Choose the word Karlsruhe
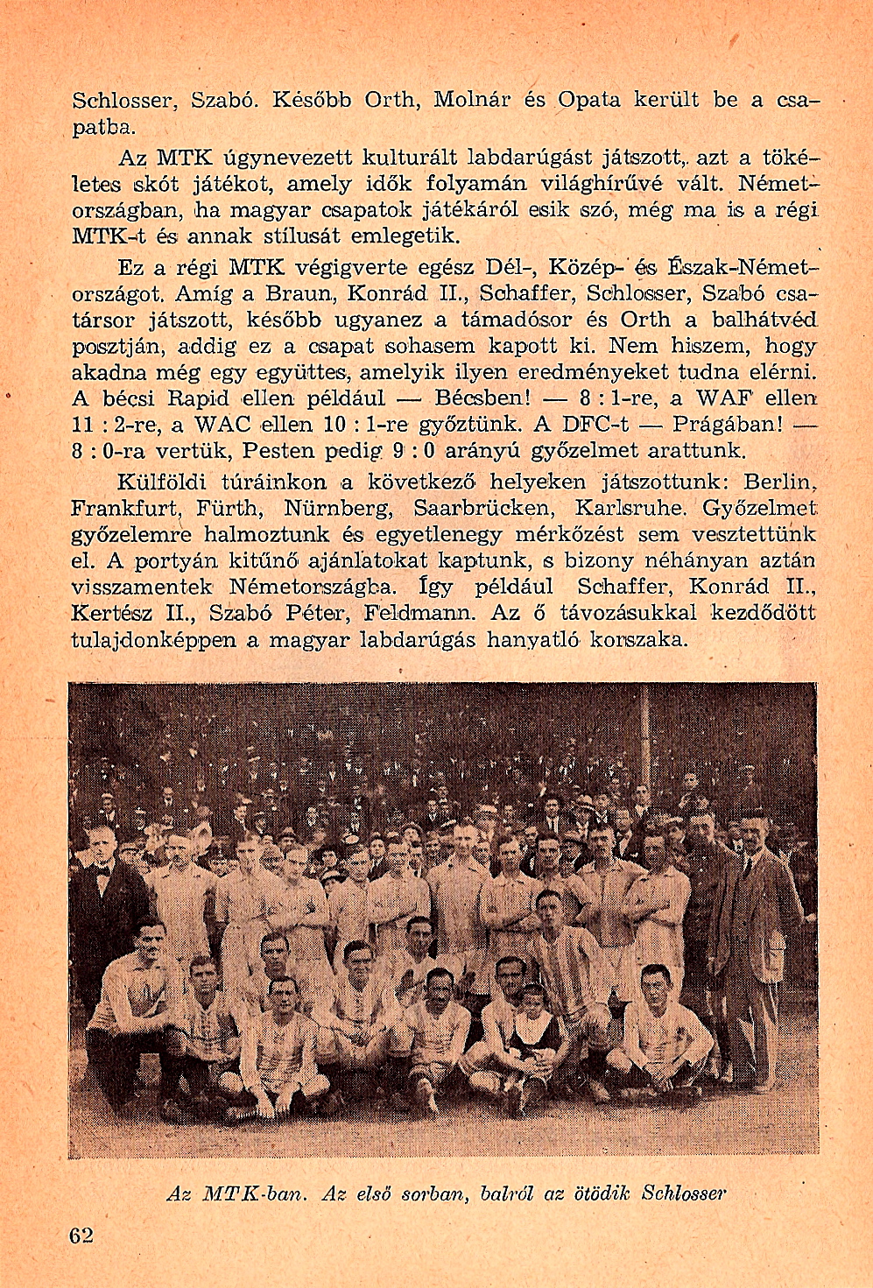621,509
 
